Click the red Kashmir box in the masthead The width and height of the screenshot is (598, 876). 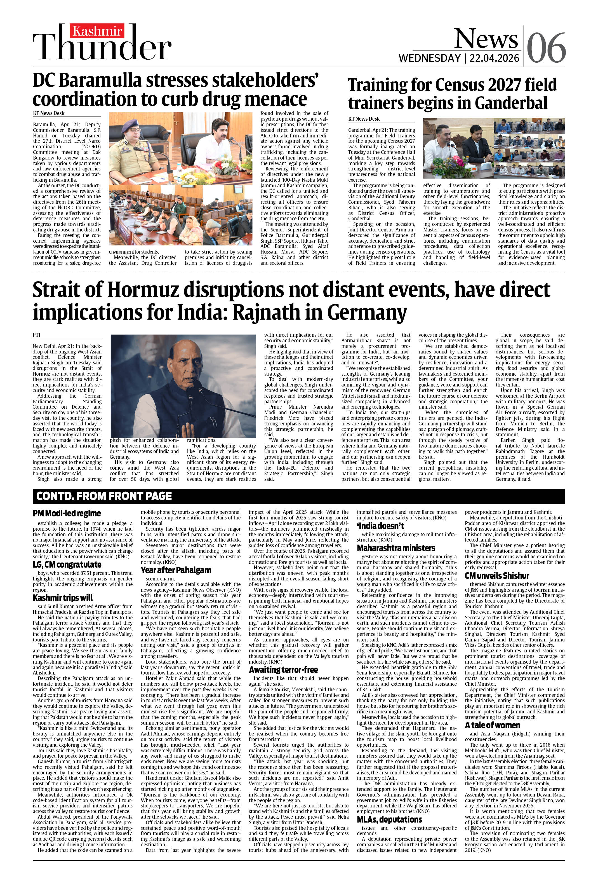click(97, 31)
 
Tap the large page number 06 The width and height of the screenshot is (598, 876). click(546, 48)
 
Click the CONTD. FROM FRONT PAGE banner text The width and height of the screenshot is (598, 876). click(104, 496)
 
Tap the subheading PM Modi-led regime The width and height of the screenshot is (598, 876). click(67, 513)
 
